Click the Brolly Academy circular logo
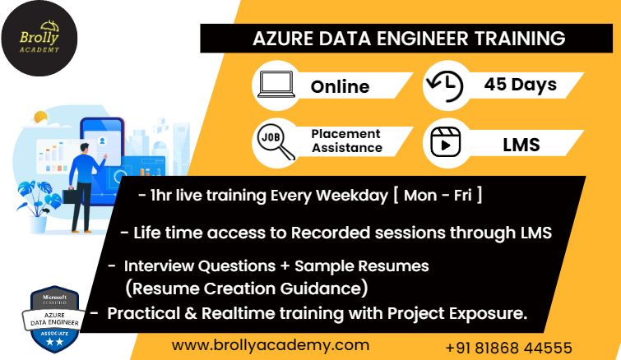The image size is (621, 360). (39, 39)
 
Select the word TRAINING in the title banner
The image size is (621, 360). (520, 39)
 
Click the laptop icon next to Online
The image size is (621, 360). (276, 84)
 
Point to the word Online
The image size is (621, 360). (340, 86)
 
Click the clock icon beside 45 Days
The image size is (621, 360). (445, 85)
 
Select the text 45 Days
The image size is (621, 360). (520, 85)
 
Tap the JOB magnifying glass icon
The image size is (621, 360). (276, 142)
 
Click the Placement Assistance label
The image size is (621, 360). (346, 141)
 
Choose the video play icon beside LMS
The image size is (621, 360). (445, 142)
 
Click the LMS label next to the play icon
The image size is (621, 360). (521, 145)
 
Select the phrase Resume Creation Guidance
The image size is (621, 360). (246, 288)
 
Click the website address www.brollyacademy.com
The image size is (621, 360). (271, 345)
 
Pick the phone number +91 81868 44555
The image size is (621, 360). (508, 348)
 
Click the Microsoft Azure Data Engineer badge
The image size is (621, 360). (54, 319)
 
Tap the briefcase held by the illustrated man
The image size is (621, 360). (70, 196)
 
